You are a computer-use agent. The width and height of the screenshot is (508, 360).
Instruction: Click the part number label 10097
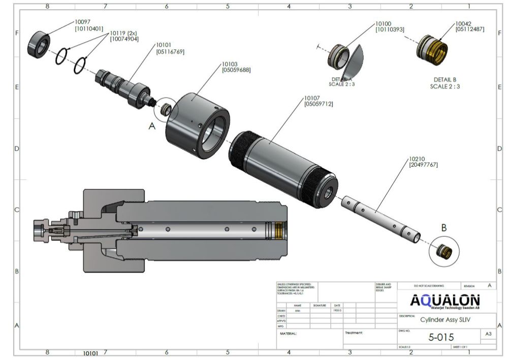coord(83,22)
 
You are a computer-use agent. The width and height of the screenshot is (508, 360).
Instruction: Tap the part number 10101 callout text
coord(163,45)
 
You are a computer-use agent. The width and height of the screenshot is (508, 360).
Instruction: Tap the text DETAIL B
coord(445,80)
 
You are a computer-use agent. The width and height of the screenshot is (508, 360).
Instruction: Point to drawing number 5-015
coord(441,337)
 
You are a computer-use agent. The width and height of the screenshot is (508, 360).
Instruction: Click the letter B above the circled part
coord(443,228)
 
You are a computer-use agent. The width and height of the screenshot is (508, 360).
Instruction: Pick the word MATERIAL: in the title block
coord(288,334)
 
